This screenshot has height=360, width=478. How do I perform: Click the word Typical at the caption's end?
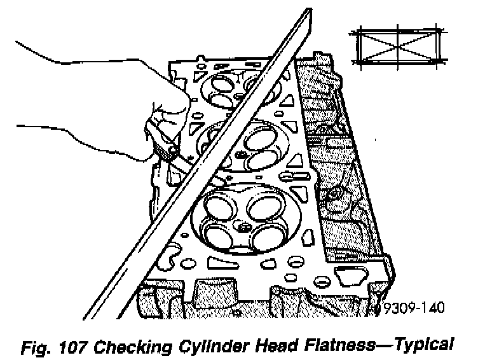(425, 345)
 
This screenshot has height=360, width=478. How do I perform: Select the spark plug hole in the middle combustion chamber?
(240, 155)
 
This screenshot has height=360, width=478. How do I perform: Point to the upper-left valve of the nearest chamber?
(217, 205)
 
